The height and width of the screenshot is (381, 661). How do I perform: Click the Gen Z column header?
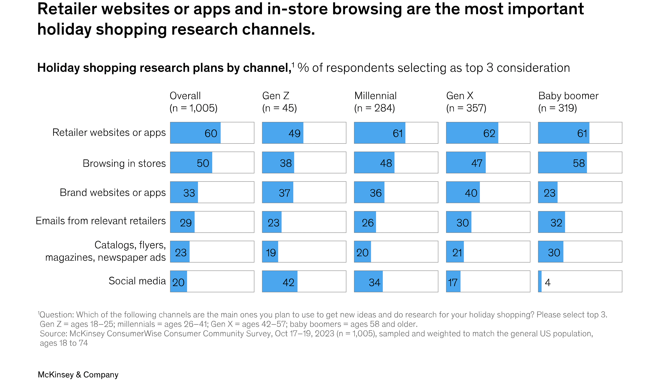pyautogui.click(x=275, y=96)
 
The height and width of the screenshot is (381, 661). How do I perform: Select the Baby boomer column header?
pyautogui.click(x=568, y=96)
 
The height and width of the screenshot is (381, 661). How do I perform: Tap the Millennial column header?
pyautogui.click(x=375, y=96)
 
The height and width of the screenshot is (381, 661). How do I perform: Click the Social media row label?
pyautogui.click(x=137, y=281)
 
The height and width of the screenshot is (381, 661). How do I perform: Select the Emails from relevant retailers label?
pyautogui.click(x=101, y=221)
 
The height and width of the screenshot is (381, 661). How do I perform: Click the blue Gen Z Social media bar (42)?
pyautogui.click(x=280, y=282)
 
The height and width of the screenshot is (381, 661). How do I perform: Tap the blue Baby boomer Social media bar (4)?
pyautogui.click(x=540, y=282)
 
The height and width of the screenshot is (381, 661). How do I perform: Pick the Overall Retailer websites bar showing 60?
pyautogui.click(x=195, y=133)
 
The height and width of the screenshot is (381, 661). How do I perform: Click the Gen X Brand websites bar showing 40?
pyautogui.click(x=463, y=192)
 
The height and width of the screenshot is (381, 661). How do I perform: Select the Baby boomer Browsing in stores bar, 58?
pyautogui.click(x=562, y=163)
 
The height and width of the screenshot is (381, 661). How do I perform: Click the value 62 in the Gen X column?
pyautogui.click(x=489, y=133)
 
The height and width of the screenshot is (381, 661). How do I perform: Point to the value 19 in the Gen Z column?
pyautogui.click(x=271, y=253)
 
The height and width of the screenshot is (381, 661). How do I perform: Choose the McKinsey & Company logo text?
pyautogui.click(x=78, y=374)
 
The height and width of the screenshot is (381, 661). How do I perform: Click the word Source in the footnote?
pyautogui.click(x=53, y=334)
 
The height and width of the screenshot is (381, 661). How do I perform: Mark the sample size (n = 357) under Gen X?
pyautogui.click(x=466, y=108)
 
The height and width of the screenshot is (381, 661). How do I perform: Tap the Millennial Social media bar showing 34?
pyautogui.click(x=368, y=282)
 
